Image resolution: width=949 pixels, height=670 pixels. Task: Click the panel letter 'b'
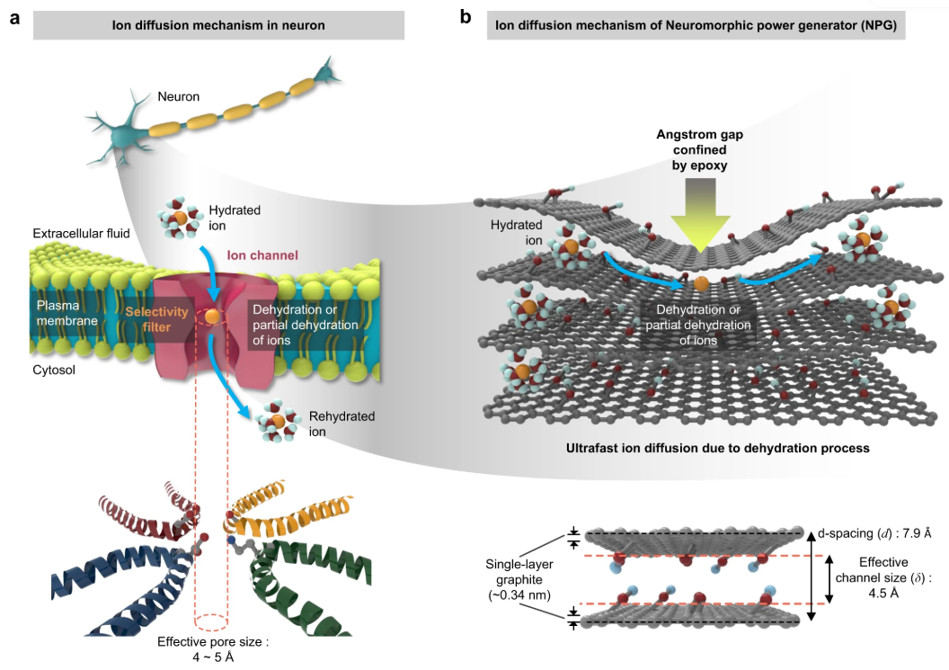(x=466, y=17)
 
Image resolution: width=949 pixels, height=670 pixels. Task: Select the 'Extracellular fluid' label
(x=82, y=234)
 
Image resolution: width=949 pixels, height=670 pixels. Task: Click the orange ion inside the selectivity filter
(x=211, y=317)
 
